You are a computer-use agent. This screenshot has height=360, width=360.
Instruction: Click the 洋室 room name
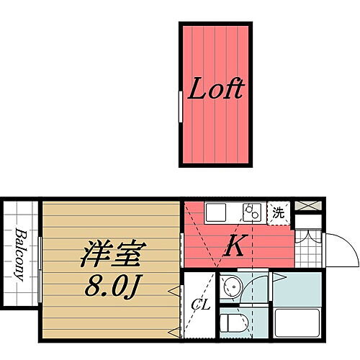click(114, 253)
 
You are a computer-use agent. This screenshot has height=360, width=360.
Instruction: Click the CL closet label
click(199, 304)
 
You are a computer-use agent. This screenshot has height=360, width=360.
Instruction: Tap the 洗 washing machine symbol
click(277, 212)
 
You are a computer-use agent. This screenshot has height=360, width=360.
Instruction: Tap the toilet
click(233, 321)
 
